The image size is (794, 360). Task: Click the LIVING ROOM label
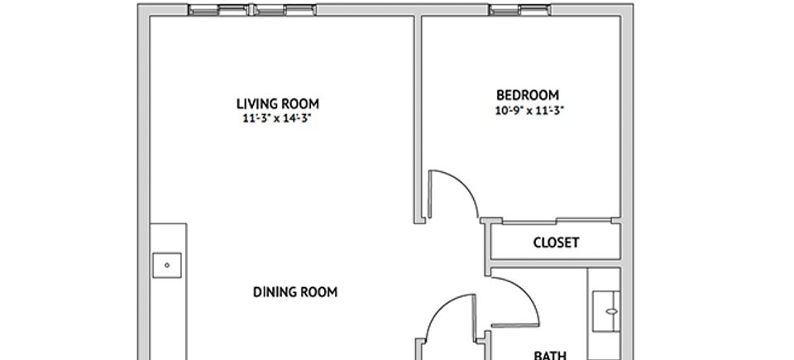(278, 104)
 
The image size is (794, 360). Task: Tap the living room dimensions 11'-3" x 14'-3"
(276, 119)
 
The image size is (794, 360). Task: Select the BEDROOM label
(528, 95)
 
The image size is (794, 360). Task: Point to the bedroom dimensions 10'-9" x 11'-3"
(529, 111)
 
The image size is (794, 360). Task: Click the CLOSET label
(556, 242)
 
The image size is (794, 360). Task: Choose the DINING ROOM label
(294, 292)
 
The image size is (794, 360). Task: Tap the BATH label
(550, 355)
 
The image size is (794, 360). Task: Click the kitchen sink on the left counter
(167, 265)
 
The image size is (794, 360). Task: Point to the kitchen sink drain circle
(167, 265)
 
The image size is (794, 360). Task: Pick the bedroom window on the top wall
(520, 10)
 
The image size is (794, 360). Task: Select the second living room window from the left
(284, 10)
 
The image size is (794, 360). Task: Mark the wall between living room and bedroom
(419, 119)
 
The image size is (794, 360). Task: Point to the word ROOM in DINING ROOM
(318, 292)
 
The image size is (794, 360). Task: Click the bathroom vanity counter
(604, 314)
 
